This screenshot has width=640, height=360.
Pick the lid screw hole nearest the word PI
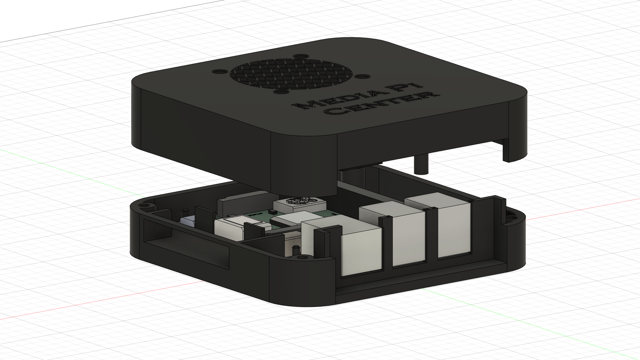coord(364,76)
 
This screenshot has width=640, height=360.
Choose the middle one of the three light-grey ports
coord(408,238)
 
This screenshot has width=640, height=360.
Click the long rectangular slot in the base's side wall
coord(187,244)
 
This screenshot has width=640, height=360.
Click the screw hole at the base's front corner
coord(305,257)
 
